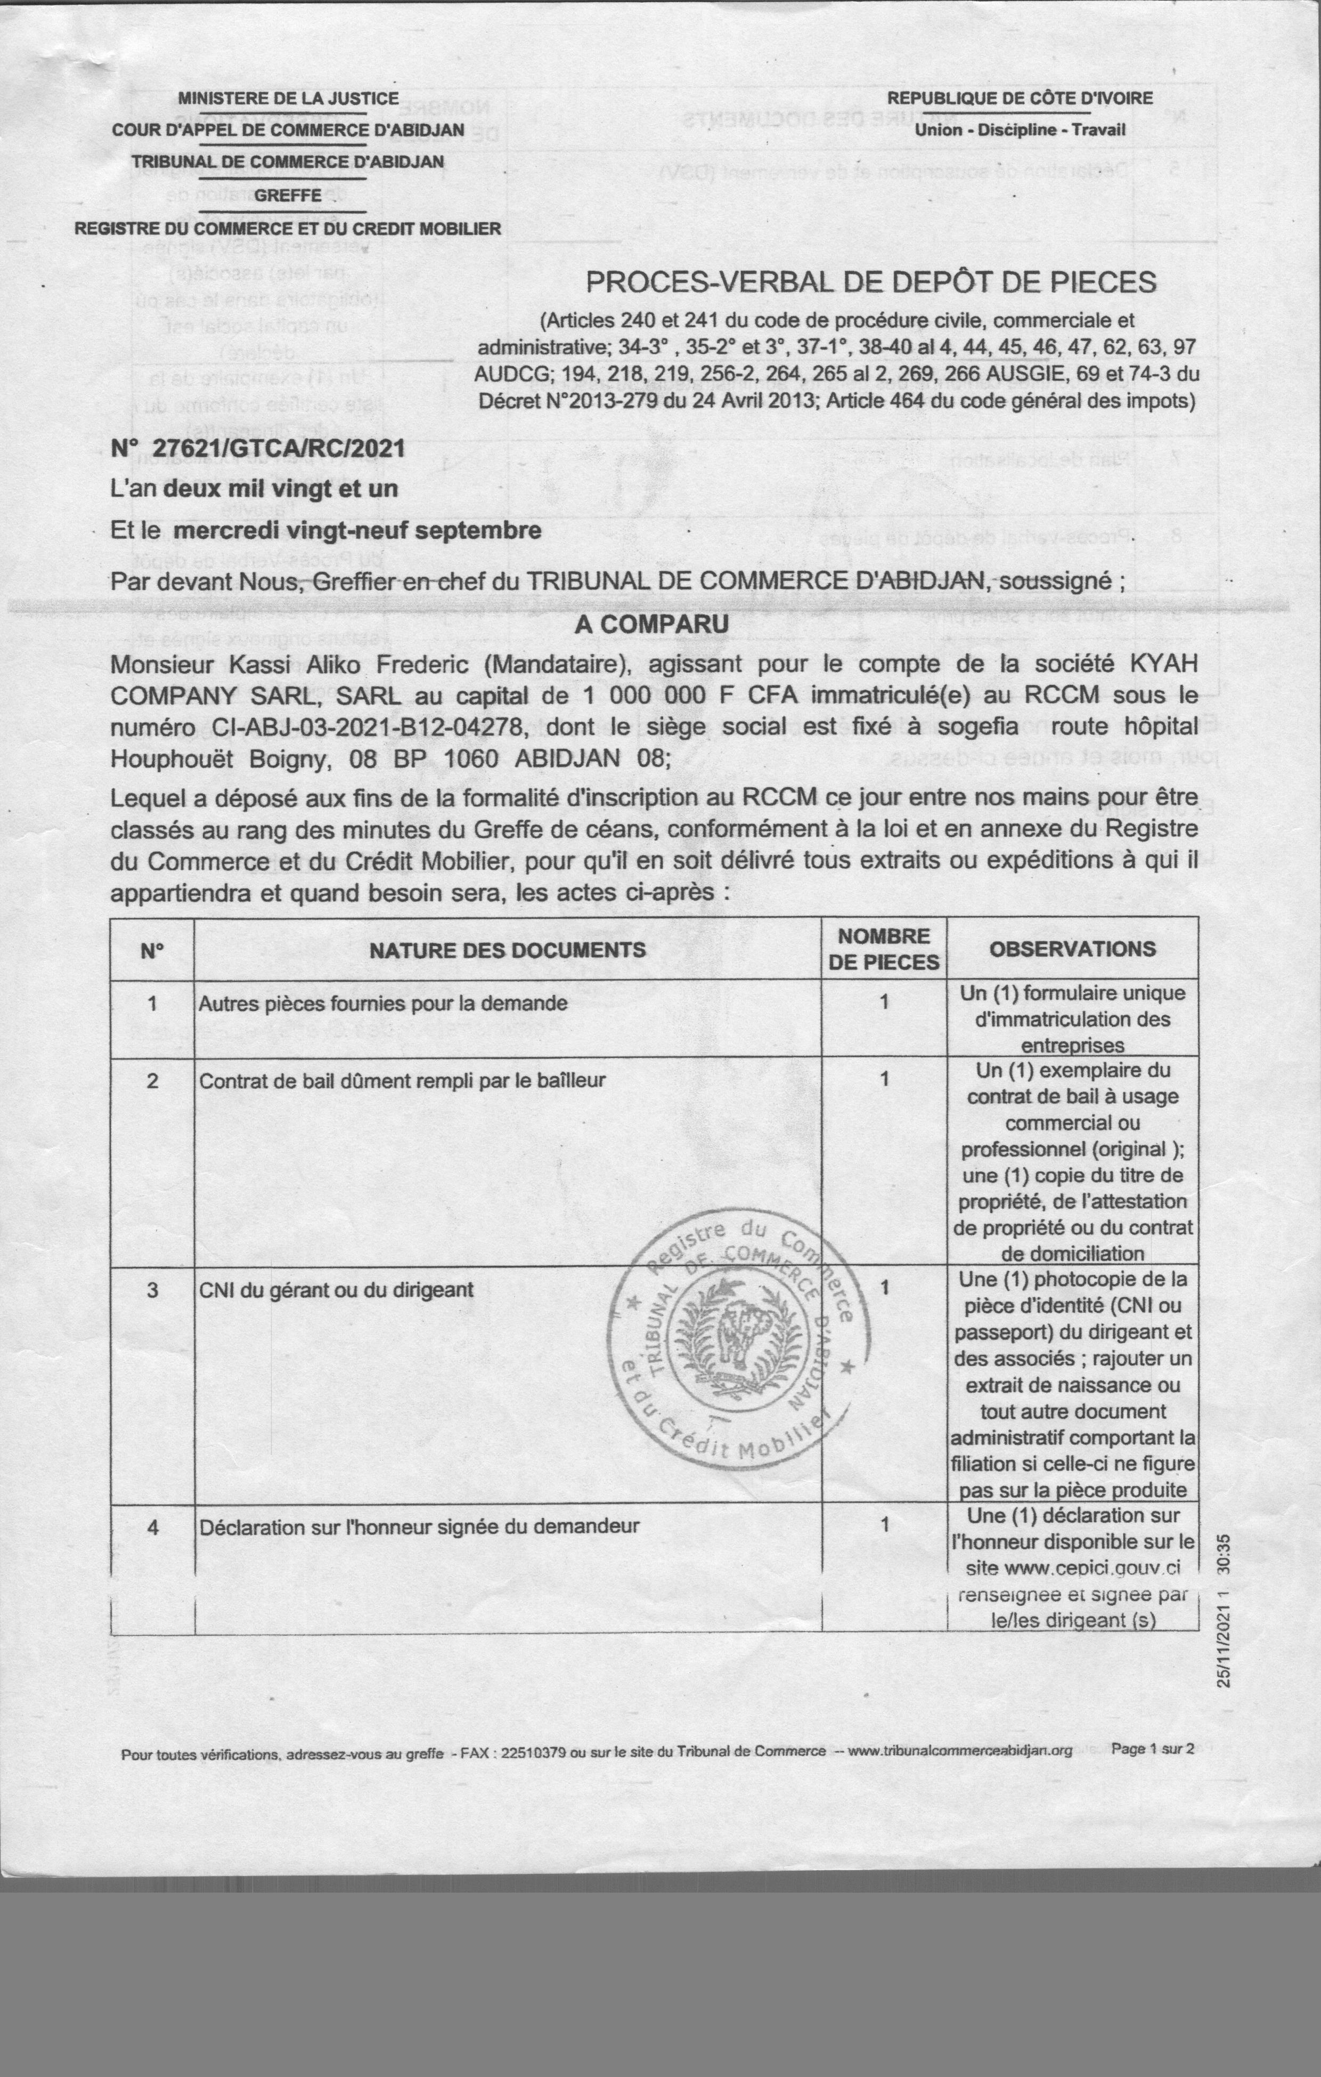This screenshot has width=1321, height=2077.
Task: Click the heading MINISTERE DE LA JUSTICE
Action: click(288, 98)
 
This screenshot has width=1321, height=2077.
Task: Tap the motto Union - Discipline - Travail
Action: click(1020, 130)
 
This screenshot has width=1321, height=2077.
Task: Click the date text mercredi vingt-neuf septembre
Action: click(357, 530)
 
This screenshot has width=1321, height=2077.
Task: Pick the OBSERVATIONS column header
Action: click(1072, 949)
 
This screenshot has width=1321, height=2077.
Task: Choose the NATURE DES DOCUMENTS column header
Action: click(507, 950)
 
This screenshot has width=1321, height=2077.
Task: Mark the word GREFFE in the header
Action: click(288, 195)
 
